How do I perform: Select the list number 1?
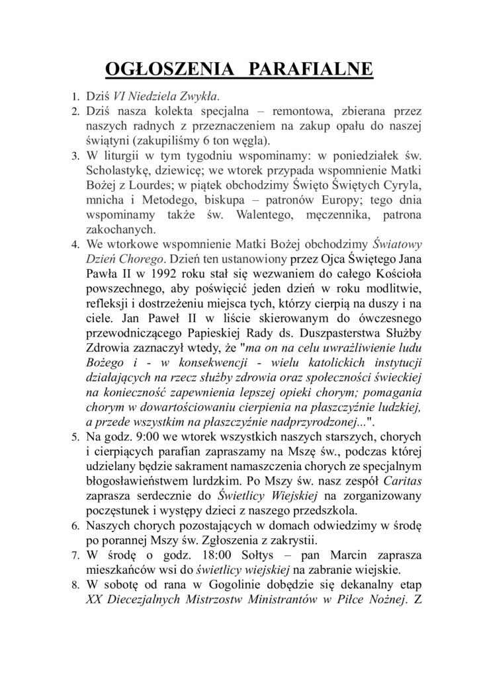pos(75,97)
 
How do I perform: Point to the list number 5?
pos(75,438)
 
